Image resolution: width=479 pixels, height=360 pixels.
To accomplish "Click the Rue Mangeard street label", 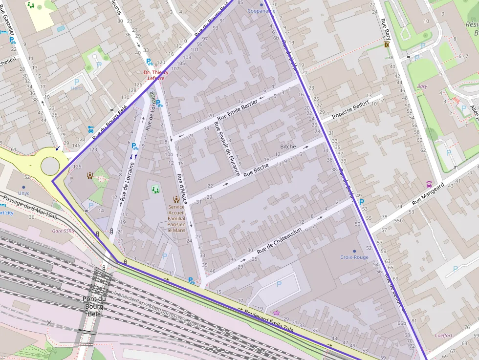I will (428, 193).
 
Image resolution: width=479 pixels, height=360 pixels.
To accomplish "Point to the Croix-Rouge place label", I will (354, 257).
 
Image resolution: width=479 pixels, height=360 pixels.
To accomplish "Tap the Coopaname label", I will (261, 10).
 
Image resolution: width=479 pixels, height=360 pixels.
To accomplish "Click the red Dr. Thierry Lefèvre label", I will (154, 75).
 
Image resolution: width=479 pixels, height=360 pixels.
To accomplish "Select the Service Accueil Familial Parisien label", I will (176, 218).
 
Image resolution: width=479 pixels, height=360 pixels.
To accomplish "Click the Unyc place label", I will (23, 193).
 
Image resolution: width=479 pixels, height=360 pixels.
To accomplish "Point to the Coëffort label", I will (443, 336).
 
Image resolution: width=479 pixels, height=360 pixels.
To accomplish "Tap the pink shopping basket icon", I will (277, 312).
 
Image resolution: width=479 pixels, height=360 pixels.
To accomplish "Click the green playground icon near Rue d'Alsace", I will (155, 189).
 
